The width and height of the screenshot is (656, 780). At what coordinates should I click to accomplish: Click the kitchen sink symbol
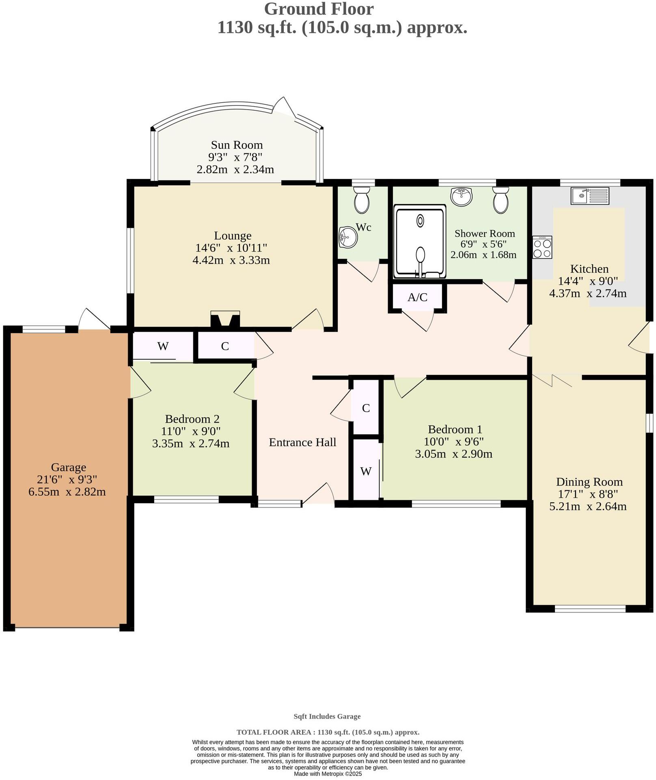pyautogui.click(x=589, y=195)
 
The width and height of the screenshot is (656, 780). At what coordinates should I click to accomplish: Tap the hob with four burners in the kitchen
pyautogui.click(x=542, y=247)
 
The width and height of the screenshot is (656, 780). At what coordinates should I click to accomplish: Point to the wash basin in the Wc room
pyautogui.click(x=348, y=236)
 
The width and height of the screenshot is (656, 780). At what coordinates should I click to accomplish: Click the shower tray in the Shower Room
pyautogui.click(x=419, y=242)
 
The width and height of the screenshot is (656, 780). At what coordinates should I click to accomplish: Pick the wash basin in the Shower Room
pyautogui.click(x=462, y=196)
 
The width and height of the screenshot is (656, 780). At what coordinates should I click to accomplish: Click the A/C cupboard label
pyautogui.click(x=417, y=297)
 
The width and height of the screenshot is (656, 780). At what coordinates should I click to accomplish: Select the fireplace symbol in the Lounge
pyautogui.click(x=225, y=319)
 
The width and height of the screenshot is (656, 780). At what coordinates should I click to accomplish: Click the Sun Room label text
pyautogui.click(x=237, y=145)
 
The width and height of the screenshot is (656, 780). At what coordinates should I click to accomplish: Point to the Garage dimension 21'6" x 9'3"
pyautogui.click(x=67, y=479)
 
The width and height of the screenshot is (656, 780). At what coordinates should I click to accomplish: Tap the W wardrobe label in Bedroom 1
pyautogui.click(x=366, y=471)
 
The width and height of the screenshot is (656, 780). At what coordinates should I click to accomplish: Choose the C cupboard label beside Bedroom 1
pyautogui.click(x=366, y=408)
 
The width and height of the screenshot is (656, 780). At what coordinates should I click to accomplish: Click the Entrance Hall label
pyautogui.click(x=302, y=442)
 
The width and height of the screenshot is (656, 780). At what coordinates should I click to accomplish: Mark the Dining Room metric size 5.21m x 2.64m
pyautogui.click(x=588, y=506)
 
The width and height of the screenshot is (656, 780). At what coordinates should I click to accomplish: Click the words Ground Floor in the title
pyautogui.click(x=319, y=9)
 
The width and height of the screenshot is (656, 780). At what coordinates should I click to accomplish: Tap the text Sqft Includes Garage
pyautogui.click(x=327, y=716)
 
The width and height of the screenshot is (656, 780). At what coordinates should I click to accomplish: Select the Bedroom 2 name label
pyautogui.click(x=192, y=419)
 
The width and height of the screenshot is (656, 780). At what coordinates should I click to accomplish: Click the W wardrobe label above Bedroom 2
pyautogui.click(x=163, y=346)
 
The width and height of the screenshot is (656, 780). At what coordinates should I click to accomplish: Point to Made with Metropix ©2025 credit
pyautogui.click(x=328, y=774)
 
